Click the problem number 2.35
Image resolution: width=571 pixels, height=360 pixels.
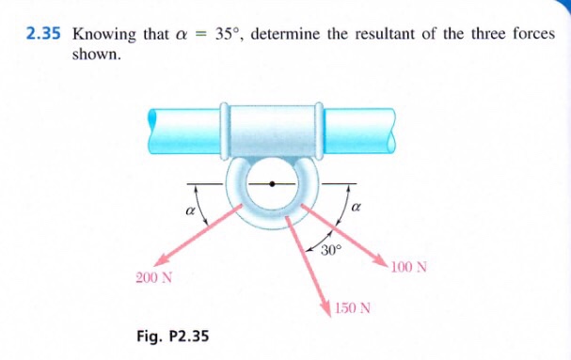43,34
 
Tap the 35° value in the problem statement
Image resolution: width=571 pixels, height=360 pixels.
230,34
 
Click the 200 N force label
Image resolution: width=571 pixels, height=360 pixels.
154,277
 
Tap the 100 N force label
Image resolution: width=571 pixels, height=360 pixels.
409,267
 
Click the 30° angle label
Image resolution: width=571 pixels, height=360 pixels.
332,250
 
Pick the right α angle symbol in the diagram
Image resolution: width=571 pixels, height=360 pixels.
357,206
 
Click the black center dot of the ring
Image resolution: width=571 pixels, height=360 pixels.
273,183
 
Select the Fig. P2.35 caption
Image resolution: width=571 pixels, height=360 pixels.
174,337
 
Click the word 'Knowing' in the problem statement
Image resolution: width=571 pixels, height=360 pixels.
102,34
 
